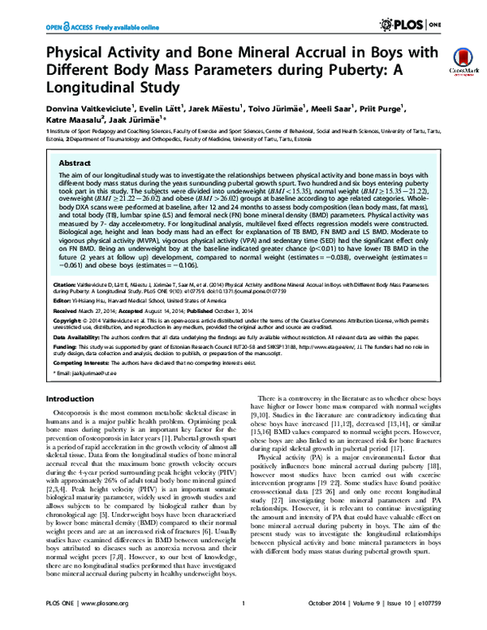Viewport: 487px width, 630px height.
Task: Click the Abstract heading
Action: click(x=70, y=152)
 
